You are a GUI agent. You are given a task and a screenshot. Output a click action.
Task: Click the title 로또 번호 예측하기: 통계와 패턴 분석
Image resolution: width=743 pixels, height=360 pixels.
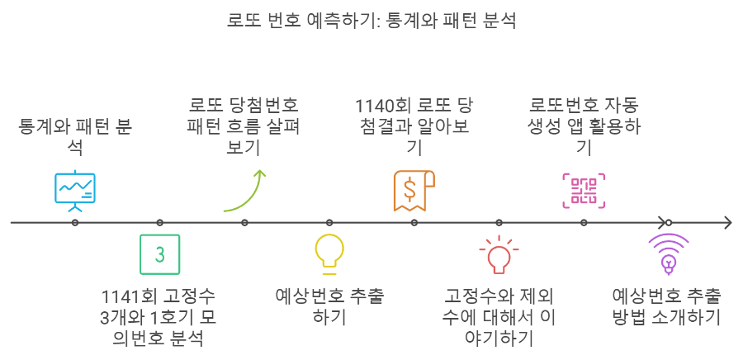371,20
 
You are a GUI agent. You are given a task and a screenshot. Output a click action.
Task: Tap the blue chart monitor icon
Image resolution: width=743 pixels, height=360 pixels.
75,188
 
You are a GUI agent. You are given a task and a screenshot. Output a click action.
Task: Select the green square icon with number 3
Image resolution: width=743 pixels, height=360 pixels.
160,254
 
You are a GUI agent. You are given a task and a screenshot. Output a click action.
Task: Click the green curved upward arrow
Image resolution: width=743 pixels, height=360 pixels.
245,190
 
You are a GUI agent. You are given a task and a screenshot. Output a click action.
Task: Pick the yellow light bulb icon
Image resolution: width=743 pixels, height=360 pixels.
329,253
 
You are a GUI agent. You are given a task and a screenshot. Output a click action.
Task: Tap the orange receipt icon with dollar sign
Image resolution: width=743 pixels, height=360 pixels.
414,190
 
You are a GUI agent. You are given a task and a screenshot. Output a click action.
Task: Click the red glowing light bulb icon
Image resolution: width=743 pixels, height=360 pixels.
499,254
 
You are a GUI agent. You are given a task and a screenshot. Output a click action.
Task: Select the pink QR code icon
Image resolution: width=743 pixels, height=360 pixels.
584,189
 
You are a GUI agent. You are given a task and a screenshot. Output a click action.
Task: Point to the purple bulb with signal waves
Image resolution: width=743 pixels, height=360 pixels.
669,253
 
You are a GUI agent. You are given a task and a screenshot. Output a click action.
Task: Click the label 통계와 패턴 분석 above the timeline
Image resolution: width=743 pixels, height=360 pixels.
75,138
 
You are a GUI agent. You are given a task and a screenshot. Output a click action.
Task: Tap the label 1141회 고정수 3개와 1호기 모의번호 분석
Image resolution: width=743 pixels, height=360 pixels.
160,317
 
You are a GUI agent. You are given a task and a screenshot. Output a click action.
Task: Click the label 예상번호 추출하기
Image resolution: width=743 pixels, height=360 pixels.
329,306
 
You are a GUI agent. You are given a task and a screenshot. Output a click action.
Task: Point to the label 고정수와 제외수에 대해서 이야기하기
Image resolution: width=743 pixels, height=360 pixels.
499,317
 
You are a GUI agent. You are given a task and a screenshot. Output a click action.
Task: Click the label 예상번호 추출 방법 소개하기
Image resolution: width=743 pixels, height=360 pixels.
668,306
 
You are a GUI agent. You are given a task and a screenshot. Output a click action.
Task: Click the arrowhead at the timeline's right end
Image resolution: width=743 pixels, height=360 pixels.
726,223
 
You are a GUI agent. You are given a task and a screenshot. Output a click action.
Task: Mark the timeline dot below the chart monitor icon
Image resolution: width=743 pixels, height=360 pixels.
75,223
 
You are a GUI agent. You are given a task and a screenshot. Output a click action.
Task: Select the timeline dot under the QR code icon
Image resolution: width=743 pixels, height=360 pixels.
584,223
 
